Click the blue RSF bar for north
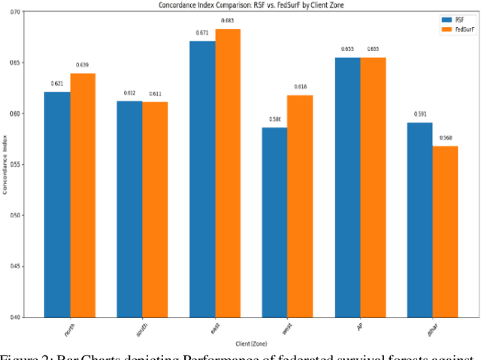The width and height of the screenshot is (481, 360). [57, 204]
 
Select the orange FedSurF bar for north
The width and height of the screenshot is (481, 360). [83, 195]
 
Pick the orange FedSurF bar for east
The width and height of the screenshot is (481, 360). [228, 173]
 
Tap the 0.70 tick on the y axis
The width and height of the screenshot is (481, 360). [21, 12]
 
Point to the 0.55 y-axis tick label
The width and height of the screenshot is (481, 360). [21, 165]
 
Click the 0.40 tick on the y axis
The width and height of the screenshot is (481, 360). [21, 316]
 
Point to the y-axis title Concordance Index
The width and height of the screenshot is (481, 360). [6, 165]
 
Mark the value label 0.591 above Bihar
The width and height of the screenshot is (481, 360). [421, 114]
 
